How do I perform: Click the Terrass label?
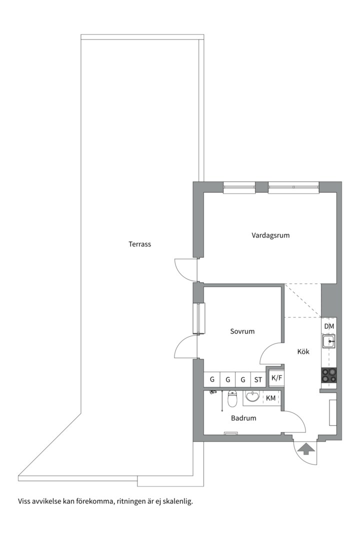coord(140,244)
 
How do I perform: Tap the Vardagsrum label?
coord(270,235)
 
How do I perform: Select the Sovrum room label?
coord(242,331)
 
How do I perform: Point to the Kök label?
coord(303,351)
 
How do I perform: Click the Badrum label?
coord(243,418)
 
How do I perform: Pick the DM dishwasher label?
coord(329,326)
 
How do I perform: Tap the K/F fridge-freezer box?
coord(276,378)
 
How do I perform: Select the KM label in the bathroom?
coord(271,398)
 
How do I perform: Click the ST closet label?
coord(258,380)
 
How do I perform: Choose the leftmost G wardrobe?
coord(212,379)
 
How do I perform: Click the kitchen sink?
coord(328,341)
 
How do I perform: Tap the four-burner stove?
coord(328,375)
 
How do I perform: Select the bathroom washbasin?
coord(253,396)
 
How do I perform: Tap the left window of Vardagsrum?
coord(239,187)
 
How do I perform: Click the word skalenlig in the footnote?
coord(179,501)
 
